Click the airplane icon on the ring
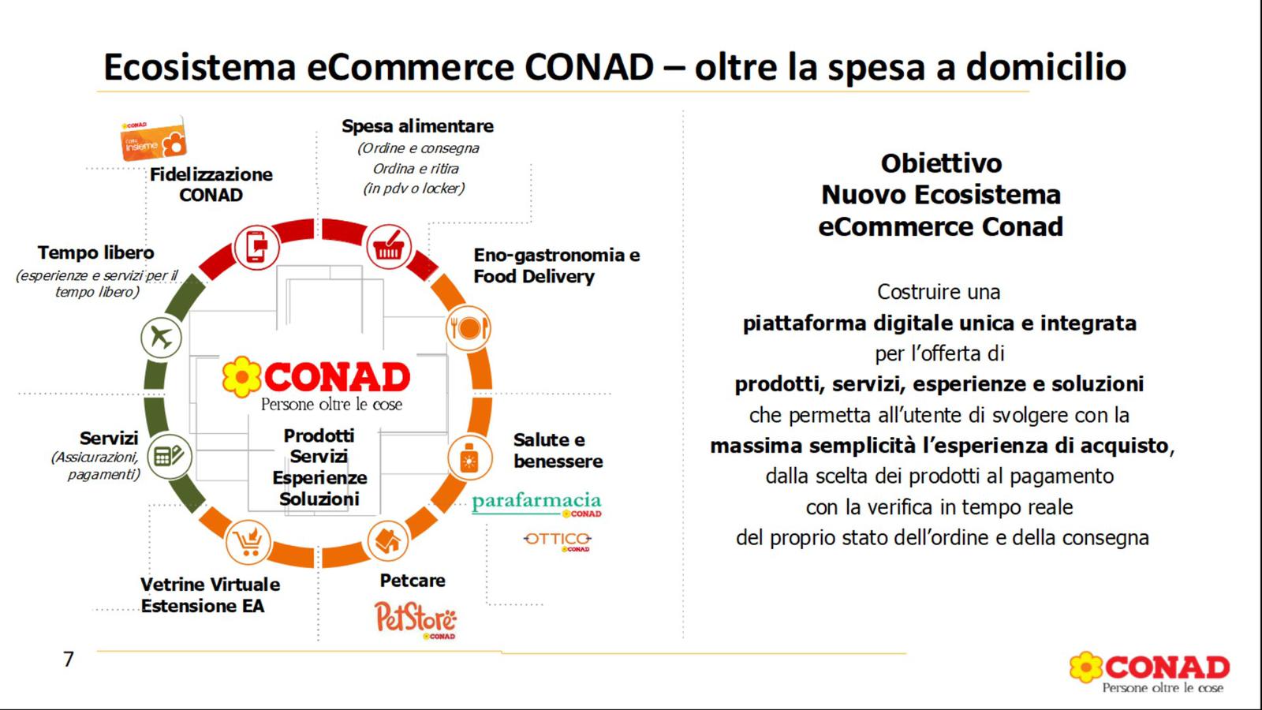pos(161,338)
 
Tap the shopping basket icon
pos(389,247)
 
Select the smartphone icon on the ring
pos(256,247)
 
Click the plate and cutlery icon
pos(469,328)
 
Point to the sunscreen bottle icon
pos(469,457)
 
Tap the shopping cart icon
pos(248,542)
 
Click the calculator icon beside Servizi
pos(169,457)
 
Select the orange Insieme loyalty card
pos(153,139)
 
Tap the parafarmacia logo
pos(537,504)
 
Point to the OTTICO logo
pos(557,541)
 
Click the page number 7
pos(69,660)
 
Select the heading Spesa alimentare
pos(417,126)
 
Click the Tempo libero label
pos(95,252)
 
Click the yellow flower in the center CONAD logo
pos(241,377)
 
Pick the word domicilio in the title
pos(1046,66)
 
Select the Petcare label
pos(413,581)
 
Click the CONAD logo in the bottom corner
pos(1150,672)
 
